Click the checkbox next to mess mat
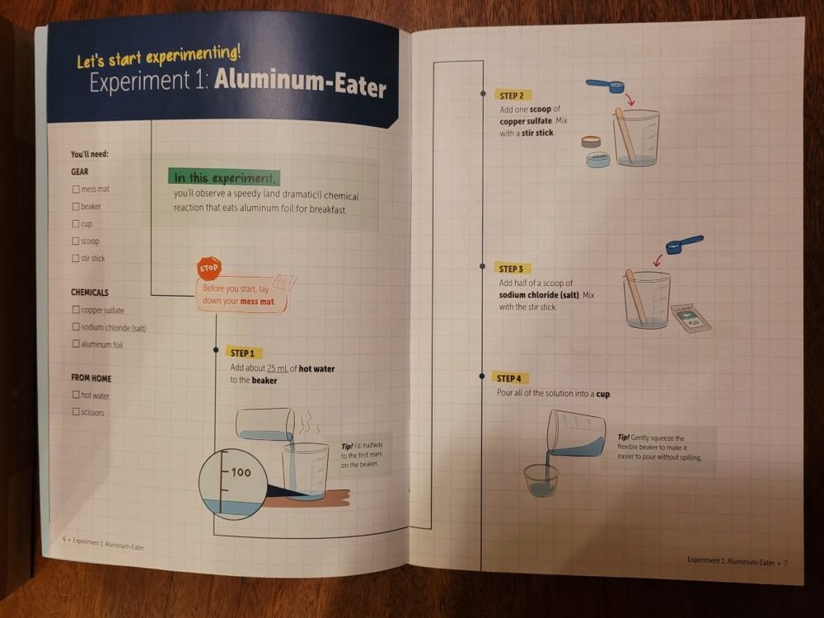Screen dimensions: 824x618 point(76,190)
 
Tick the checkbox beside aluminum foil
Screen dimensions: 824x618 point(76,344)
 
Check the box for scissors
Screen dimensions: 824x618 point(76,412)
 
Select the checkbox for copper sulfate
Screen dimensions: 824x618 point(76,310)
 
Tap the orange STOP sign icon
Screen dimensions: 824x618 point(208,269)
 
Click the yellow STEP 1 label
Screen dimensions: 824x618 point(244,353)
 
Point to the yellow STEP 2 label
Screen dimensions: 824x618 point(513,96)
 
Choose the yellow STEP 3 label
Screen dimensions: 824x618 point(512,269)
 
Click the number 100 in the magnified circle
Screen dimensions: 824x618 point(241,472)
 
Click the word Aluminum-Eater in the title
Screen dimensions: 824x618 point(300,82)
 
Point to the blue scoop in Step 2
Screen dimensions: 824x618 point(605,85)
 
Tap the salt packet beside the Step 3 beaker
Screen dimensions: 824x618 point(691,318)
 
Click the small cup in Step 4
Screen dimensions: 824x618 point(541,480)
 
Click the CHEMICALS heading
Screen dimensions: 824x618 point(90,293)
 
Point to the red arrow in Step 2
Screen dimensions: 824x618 point(630,100)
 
